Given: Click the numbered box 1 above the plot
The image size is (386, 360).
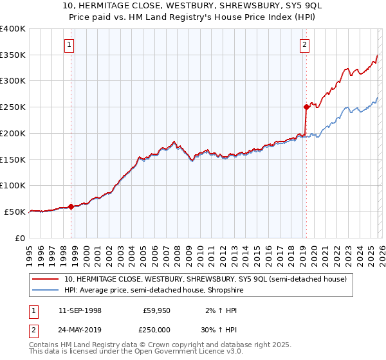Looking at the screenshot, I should [69, 44].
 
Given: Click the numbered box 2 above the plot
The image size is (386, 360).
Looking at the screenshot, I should [304, 44].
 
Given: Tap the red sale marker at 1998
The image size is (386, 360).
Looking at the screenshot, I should [71, 206].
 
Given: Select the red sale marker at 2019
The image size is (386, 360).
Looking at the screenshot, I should [306, 107].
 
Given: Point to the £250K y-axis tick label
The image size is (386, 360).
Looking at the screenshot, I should [13, 107].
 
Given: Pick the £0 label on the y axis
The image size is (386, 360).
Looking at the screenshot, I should [21, 238].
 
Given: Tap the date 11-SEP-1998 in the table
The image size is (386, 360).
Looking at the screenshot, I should [80, 310].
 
